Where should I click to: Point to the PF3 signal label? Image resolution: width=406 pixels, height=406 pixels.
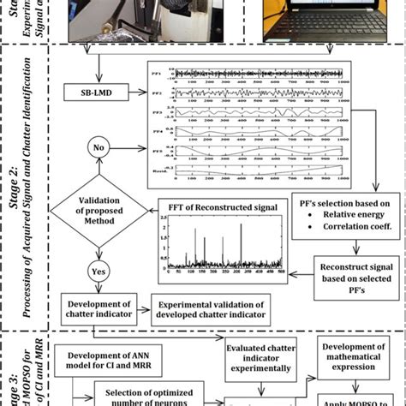click(158, 112)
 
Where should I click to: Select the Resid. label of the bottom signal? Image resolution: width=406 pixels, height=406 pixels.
click(158, 172)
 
